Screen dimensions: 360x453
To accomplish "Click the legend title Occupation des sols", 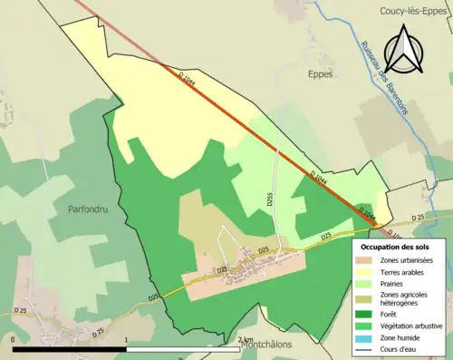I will pos(400,247).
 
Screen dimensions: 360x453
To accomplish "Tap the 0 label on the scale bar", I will pos(14,339).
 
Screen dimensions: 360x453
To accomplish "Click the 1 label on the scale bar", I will pos(127,339).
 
